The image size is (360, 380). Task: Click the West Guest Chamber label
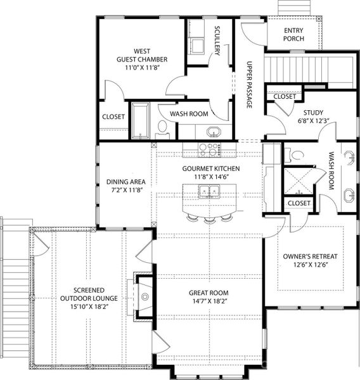[141, 55]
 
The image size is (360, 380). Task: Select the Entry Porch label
[293, 34]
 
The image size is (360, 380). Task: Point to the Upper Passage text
[249, 86]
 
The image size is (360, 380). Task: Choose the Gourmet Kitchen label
[210, 168]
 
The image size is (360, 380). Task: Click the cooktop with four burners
[209, 150]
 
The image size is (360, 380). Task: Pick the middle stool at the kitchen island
[209, 219]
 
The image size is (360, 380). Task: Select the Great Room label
[209, 293]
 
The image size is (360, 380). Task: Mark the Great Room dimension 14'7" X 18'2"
[209, 302]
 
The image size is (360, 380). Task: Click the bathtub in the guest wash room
[139, 120]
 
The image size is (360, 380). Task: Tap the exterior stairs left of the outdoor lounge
[15, 291]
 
